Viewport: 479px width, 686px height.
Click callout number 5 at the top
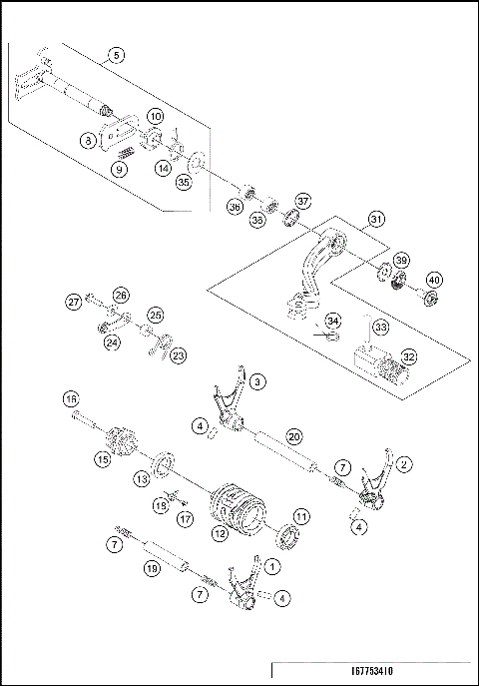tap(118, 56)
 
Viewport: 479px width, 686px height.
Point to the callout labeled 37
tap(302, 200)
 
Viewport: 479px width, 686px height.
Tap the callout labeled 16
tap(71, 399)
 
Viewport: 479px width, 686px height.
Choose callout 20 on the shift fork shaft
tap(293, 436)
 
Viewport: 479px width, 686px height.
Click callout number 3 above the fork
tap(258, 381)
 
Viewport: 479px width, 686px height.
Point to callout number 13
tap(143, 480)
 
